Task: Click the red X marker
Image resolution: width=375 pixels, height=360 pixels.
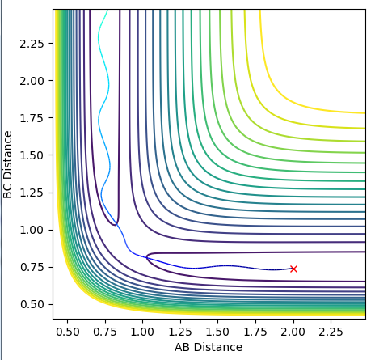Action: coord(293,269)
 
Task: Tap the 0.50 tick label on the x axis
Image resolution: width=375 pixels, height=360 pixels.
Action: coord(67,332)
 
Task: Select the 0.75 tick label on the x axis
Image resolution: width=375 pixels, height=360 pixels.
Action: coord(105,332)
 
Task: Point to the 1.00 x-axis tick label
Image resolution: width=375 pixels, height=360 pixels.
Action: coord(142,332)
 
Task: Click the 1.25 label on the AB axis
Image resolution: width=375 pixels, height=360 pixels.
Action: coord(180,332)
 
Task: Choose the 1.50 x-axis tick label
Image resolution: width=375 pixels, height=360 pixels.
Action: coord(217,332)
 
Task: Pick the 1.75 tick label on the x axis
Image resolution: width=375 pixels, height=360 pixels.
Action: coord(255,332)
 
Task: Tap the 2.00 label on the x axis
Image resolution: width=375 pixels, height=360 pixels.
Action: coord(293,332)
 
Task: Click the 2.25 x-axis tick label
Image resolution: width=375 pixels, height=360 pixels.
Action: coord(331,332)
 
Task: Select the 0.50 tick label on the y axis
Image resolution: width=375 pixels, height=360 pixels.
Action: coord(32,304)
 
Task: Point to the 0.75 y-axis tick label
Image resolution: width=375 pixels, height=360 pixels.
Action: coord(32,267)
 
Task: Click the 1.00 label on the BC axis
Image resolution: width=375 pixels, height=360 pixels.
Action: coord(32,230)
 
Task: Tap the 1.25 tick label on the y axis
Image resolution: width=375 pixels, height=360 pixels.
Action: coord(32,193)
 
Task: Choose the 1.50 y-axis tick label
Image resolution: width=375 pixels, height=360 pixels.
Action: coord(32,155)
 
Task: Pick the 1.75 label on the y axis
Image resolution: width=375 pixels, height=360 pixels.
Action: coord(32,118)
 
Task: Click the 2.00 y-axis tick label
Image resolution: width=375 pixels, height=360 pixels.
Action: coord(32,81)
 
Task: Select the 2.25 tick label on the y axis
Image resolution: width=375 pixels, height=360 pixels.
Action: coord(32,44)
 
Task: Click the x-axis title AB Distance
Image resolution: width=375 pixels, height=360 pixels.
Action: coord(209,347)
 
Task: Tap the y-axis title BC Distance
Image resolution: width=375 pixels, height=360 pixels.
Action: coord(8,164)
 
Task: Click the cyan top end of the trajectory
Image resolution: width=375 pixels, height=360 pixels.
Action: coord(107,11)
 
